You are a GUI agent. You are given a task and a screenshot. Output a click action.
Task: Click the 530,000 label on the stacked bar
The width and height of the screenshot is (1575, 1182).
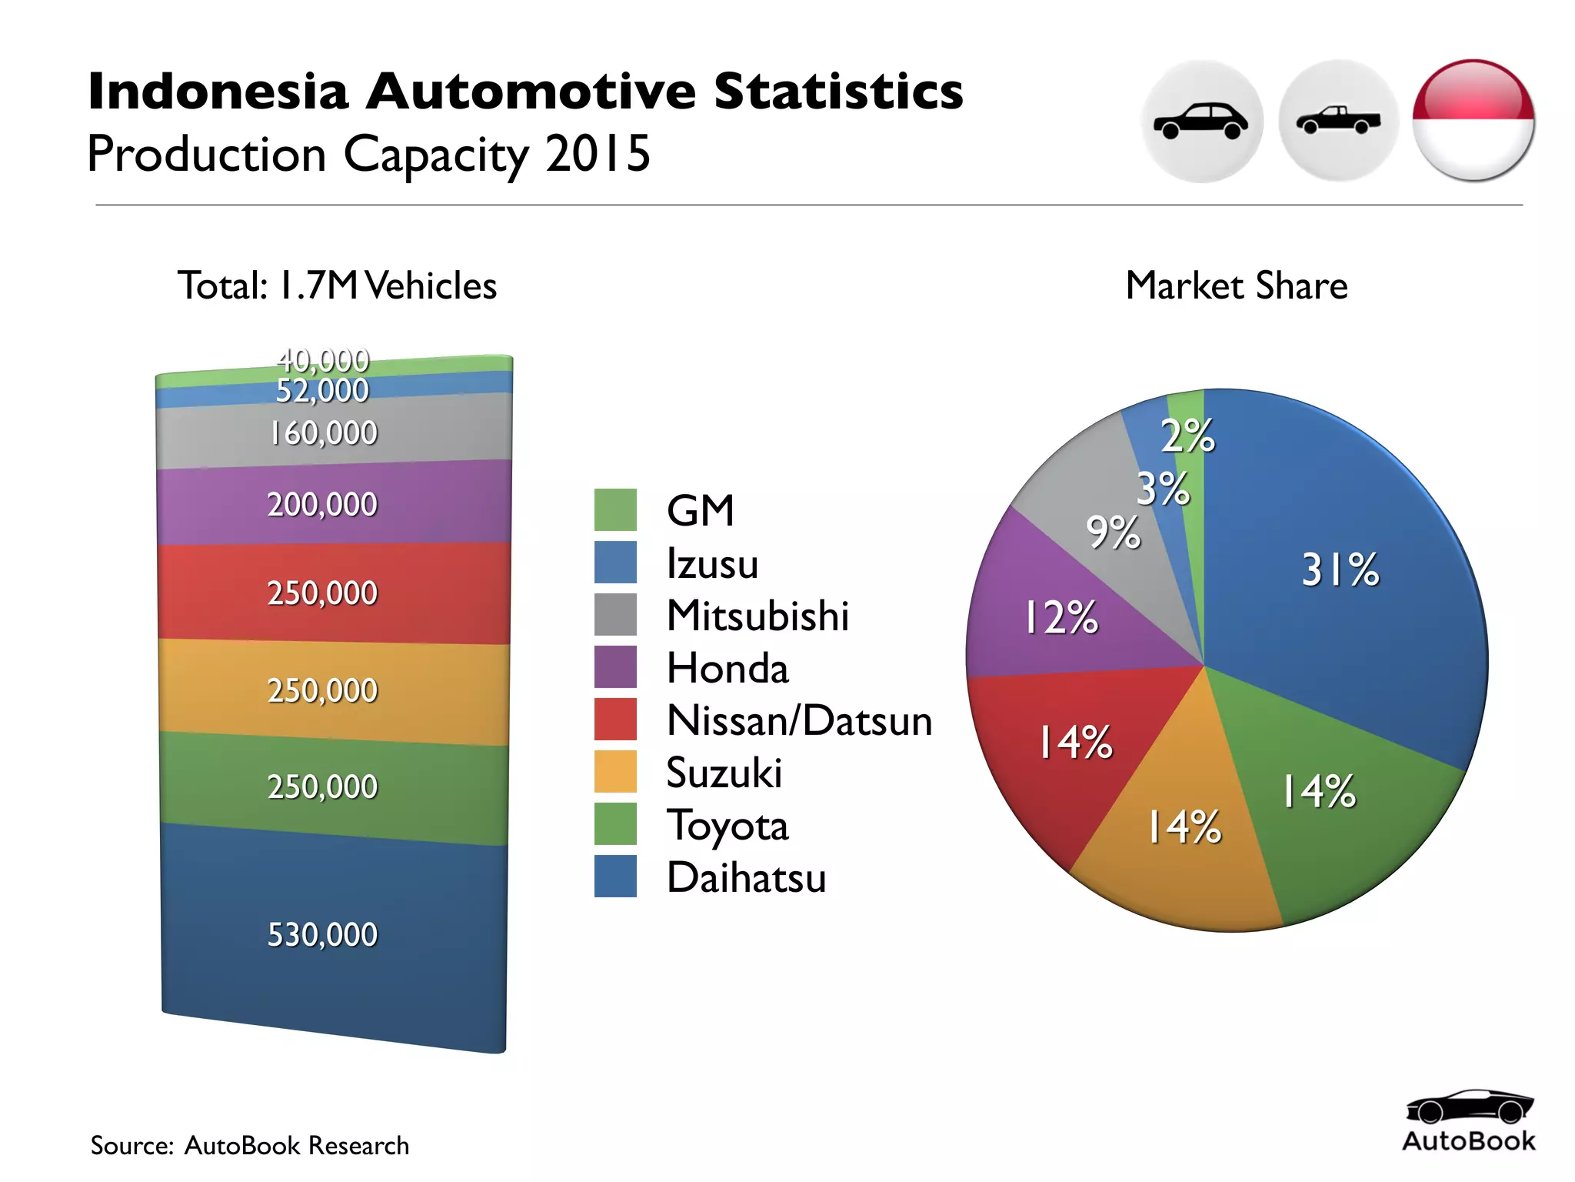pos(322,934)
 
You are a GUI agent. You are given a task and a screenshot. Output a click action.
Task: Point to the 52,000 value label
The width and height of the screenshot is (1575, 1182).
pos(322,391)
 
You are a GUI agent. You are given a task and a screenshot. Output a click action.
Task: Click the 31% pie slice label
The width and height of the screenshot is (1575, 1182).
pos(1340,570)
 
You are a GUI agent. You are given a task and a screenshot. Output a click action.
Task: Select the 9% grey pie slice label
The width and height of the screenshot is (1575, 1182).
pos(1112,532)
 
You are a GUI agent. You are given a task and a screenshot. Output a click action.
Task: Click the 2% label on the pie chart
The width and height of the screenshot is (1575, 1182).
pos(1187,436)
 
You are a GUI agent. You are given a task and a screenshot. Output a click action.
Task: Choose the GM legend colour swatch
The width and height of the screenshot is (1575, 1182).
pos(615,509)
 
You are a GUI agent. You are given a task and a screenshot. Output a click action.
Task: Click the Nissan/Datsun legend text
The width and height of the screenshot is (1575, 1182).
pos(799,720)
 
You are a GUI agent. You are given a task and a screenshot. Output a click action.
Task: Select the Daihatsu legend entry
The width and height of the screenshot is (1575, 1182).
pos(746,877)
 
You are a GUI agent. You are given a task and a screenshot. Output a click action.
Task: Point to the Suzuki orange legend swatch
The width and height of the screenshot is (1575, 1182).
pos(615,771)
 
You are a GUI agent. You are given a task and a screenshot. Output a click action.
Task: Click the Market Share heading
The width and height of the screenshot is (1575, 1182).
pos(1236,285)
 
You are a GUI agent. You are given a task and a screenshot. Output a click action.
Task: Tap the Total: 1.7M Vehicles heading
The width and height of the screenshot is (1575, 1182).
pos(337,285)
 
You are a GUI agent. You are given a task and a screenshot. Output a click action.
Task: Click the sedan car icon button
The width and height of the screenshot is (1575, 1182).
pos(1202,122)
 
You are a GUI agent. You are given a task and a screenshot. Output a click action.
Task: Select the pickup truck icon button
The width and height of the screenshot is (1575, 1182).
pos(1338,122)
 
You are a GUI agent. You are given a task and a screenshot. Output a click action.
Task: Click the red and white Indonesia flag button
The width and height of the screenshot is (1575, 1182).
pos(1473,122)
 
